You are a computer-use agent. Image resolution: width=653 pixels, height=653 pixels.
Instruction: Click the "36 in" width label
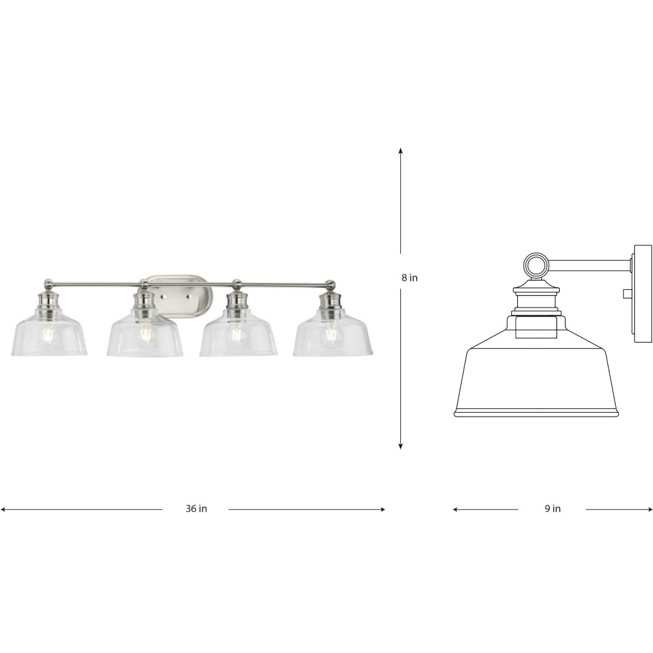pos(196,509)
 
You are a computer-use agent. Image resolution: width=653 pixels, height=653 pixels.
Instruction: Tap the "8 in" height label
pos(409,278)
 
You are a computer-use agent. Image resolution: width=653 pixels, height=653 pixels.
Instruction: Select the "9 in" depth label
pos(552,509)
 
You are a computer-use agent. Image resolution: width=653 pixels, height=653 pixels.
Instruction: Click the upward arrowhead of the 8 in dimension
pos(401,151)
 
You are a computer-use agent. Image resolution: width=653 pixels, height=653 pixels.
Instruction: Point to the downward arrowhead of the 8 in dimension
pos(401,446)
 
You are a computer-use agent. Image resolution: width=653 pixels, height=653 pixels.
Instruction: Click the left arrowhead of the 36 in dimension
pos(3,509)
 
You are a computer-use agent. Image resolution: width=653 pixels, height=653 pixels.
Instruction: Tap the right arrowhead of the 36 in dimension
pos(382,509)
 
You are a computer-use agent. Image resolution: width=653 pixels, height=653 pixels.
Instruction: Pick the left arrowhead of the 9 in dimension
pos(456,509)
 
